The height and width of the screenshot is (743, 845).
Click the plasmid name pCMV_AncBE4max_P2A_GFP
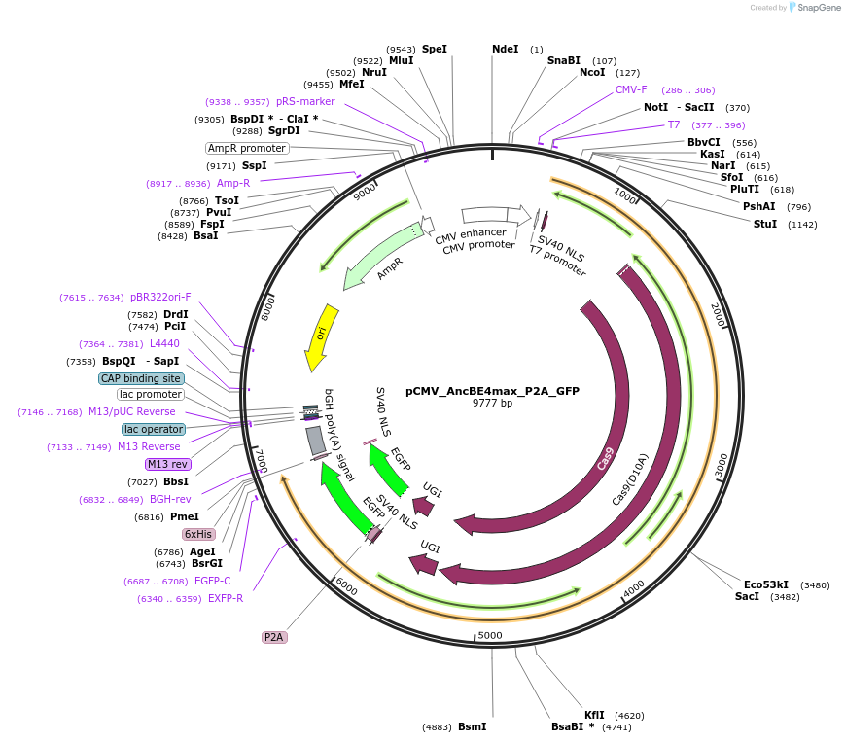(x=492, y=391)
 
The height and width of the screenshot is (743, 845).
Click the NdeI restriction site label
(x=506, y=49)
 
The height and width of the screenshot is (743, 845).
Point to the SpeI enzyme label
(x=435, y=49)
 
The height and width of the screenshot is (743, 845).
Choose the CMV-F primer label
(x=631, y=89)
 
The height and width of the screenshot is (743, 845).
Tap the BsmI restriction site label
(x=472, y=726)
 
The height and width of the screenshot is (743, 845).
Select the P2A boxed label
(x=273, y=637)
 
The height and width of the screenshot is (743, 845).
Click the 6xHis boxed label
(x=197, y=534)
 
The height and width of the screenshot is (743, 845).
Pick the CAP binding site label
(x=141, y=378)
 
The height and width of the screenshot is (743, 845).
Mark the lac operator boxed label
(x=154, y=429)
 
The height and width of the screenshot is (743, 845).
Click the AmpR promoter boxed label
(x=247, y=148)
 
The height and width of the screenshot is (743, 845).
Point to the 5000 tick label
(x=490, y=635)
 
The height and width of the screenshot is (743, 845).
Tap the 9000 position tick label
(x=365, y=193)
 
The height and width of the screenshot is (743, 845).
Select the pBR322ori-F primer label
(x=160, y=297)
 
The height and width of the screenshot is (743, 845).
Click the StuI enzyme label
(x=765, y=224)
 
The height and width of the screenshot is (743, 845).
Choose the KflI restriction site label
(x=594, y=715)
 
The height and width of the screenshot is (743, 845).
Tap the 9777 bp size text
(x=492, y=403)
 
